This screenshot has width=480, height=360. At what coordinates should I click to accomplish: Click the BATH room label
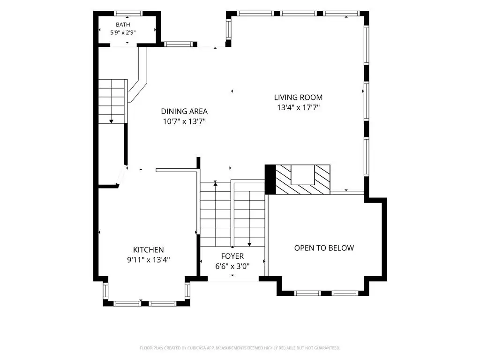[x=123, y=24]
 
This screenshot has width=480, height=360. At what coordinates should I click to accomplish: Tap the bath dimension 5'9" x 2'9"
[x=123, y=32]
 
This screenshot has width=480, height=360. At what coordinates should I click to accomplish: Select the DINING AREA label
[x=184, y=111]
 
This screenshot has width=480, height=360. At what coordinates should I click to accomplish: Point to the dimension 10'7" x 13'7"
[x=184, y=121]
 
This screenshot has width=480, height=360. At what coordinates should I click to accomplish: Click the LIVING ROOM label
[x=298, y=97]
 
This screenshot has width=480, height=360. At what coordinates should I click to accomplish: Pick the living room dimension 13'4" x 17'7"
[x=298, y=107]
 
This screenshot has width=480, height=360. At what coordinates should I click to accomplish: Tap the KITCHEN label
[x=149, y=249]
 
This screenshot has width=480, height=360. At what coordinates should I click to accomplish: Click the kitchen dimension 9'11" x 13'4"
[x=149, y=260]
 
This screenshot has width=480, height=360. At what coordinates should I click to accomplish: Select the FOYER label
[x=232, y=256]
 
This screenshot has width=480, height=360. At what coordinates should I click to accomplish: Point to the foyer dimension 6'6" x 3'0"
[x=232, y=266]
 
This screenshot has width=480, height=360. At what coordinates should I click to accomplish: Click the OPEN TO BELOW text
[x=324, y=248]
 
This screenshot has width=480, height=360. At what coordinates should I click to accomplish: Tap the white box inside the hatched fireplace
[x=302, y=175]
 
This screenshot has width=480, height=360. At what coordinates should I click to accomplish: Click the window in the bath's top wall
[x=128, y=14]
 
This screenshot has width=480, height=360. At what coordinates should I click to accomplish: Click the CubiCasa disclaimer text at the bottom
[x=240, y=348]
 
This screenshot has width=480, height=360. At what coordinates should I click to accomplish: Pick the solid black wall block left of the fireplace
[x=270, y=180]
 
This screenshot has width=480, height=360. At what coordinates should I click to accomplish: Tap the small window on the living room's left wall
[x=228, y=29]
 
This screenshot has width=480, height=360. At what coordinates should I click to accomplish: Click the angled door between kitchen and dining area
[x=122, y=176]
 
